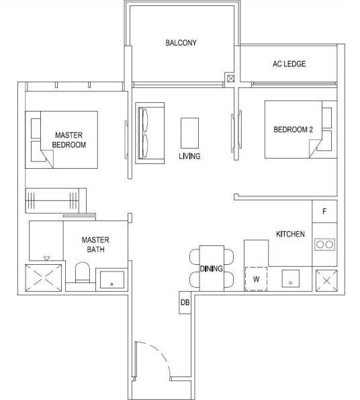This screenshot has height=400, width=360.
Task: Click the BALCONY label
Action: [x=181, y=43]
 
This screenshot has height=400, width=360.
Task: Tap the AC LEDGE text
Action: [x=289, y=64]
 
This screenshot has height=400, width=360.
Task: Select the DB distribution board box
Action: [x=185, y=303]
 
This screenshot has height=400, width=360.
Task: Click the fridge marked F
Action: [x=324, y=211]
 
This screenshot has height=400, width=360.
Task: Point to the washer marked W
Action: [x=256, y=279]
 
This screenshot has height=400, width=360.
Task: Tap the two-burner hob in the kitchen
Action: [x=324, y=245]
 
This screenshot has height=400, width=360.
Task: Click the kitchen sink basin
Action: [x=290, y=278]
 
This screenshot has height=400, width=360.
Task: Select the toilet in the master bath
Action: [x=83, y=272]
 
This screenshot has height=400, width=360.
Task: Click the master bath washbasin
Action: [x=112, y=280]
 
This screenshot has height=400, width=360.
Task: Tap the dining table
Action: [x=212, y=268]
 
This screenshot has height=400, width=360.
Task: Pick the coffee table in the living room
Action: [x=189, y=133]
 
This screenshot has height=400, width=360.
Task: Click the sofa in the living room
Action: [x=150, y=133]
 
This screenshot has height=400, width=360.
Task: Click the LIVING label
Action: [x=189, y=156]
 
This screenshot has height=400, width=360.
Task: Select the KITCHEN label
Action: [x=290, y=234]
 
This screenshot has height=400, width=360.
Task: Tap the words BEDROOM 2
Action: [x=293, y=130]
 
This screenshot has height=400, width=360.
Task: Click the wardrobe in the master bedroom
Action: [x=56, y=200]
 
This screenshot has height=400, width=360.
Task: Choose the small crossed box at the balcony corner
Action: [x=230, y=79]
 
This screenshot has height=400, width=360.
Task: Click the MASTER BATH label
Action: [x=95, y=245]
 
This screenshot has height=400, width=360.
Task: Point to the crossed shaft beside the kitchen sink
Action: [x=326, y=280]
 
